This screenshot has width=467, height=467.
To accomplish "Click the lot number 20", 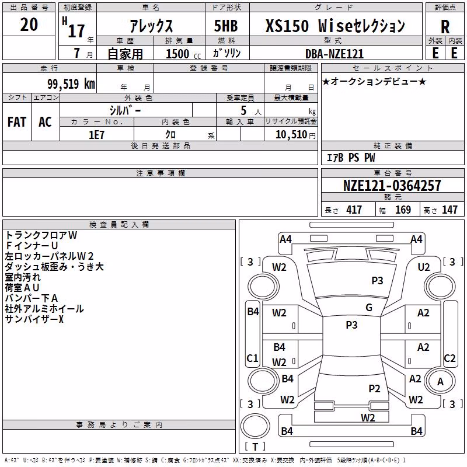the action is [29, 25].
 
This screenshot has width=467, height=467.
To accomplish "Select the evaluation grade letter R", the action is [445, 27].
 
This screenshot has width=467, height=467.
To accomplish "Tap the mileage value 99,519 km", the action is [71, 84].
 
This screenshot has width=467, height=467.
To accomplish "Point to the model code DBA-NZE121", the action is [334, 54].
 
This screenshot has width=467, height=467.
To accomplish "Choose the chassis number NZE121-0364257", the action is [392, 186].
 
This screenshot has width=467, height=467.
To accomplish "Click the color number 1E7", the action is [96, 135].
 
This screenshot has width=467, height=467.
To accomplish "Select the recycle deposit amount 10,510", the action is [291, 135].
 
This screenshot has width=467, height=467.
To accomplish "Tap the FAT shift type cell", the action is [17, 122].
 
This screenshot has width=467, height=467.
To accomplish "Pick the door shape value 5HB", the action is [226, 26].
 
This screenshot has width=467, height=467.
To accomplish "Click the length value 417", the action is [354, 210].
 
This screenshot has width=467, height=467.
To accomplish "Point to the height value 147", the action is [449, 210].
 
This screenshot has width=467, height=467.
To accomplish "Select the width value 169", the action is [403, 210].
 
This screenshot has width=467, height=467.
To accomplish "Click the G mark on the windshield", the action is [369, 308].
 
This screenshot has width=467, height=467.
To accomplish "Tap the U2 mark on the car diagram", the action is [424, 267].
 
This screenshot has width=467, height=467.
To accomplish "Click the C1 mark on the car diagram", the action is [252, 358].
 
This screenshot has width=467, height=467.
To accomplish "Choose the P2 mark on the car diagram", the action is [374, 388].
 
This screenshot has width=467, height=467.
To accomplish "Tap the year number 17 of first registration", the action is [76, 31].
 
